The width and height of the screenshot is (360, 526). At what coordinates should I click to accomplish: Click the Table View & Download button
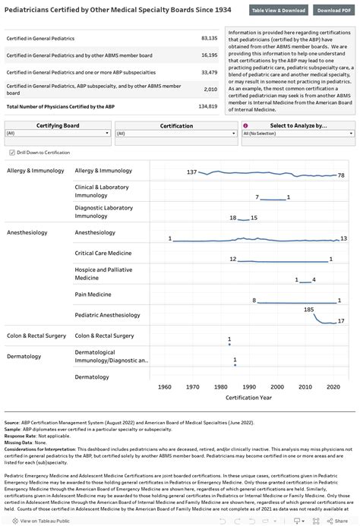point(279,11)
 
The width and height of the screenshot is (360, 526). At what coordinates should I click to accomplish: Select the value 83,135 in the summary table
point(209,37)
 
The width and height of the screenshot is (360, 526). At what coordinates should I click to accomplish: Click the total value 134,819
point(207,106)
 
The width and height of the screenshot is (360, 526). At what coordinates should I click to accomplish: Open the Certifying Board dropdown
point(57,133)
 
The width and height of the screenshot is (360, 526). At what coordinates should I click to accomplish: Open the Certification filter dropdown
point(176,133)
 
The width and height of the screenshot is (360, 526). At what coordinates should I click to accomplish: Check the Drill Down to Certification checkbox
point(12,152)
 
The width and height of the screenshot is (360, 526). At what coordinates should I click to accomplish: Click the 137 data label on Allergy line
point(191,172)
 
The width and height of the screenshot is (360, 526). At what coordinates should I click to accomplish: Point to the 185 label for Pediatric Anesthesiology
point(308,310)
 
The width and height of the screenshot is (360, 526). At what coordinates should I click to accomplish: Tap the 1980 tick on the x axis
point(221,386)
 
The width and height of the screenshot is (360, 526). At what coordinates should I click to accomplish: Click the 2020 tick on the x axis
point(333,386)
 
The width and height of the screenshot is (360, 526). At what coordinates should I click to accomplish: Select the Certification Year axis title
point(248,396)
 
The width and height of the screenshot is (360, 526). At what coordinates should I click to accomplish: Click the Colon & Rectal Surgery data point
point(229,344)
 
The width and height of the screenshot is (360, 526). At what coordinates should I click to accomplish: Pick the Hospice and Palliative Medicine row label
point(103,273)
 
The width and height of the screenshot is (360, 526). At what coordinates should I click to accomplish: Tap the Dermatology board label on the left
point(24,356)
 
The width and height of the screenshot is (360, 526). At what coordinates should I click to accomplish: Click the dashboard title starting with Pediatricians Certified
point(118,10)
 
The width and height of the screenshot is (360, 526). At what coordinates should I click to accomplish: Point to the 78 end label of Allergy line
point(342,175)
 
